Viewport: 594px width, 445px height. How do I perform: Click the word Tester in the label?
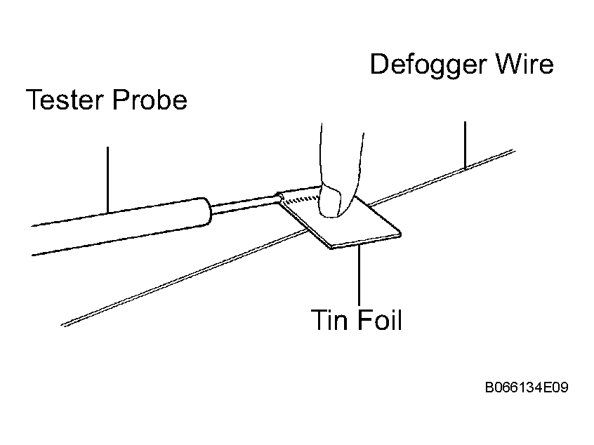tap(65, 99)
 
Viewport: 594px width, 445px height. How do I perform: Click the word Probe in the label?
tap(150, 99)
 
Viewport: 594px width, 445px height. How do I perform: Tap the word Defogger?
tap(428, 65)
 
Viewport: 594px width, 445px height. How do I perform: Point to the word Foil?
tap(380, 320)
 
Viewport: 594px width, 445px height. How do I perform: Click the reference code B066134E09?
tap(527, 387)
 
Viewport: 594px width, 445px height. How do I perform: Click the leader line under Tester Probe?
tap(107, 180)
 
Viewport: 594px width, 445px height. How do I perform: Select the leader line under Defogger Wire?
tap(465, 145)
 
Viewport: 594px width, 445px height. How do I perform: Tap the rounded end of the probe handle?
tap(206, 212)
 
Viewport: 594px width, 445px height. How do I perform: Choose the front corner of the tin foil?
tap(331, 248)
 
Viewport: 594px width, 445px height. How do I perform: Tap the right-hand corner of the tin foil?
tap(400, 234)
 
